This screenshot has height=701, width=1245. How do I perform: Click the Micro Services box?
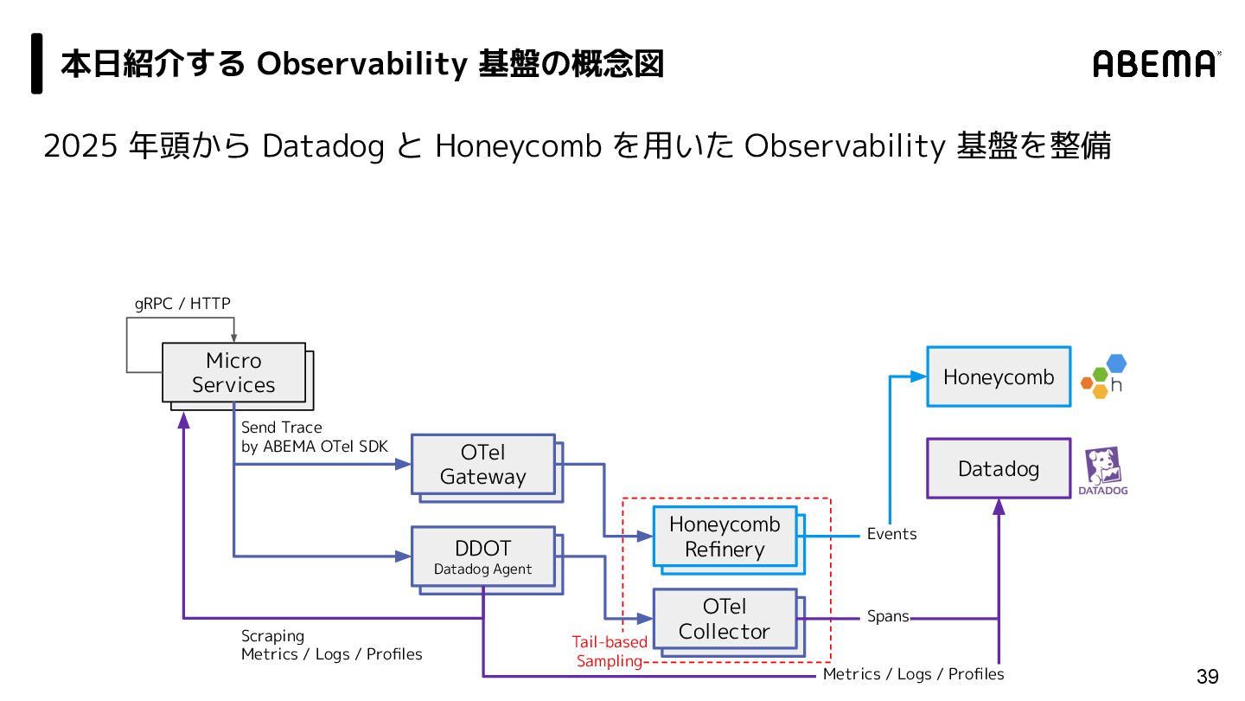233,372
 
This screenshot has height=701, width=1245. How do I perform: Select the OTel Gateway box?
482,464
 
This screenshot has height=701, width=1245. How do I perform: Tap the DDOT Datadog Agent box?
482,556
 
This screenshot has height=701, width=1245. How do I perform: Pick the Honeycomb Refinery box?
725,537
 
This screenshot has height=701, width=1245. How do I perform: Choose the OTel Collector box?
725,619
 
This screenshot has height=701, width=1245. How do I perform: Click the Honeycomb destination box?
999,376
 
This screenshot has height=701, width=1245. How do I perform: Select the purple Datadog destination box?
999,468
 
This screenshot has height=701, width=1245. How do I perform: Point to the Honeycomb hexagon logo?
1103,376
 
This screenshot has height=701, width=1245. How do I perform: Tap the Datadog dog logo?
1102,470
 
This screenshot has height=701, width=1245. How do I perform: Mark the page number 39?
1207,676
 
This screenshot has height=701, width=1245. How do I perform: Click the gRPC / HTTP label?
182,303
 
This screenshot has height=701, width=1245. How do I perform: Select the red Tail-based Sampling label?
610,652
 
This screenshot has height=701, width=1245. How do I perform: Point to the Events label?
891,534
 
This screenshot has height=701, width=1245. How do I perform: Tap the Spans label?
888,616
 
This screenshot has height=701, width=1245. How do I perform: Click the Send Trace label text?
281,428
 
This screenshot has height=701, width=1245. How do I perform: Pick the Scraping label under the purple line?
272,636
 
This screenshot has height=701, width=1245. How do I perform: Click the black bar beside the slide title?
37,63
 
